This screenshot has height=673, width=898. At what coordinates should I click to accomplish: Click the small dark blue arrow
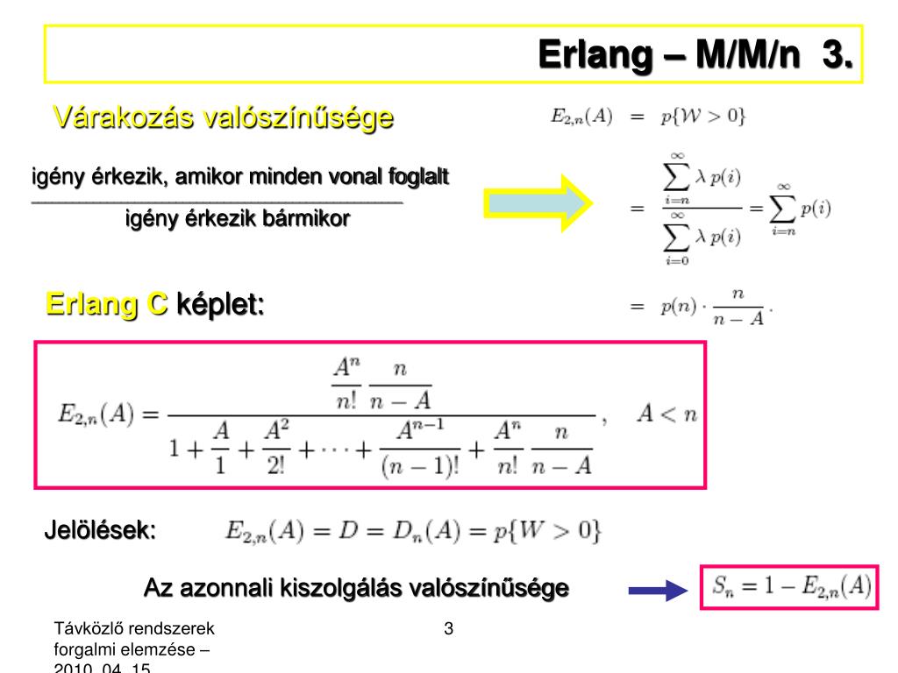point(657,592)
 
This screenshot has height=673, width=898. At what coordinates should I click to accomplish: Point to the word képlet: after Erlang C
point(220,305)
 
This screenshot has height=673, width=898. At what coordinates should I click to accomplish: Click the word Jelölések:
point(100,531)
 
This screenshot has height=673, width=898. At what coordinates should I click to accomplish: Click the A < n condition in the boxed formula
point(667,414)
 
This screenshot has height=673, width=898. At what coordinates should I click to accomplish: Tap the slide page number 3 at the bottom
point(448,628)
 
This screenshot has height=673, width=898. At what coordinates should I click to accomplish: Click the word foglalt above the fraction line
point(420,178)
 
